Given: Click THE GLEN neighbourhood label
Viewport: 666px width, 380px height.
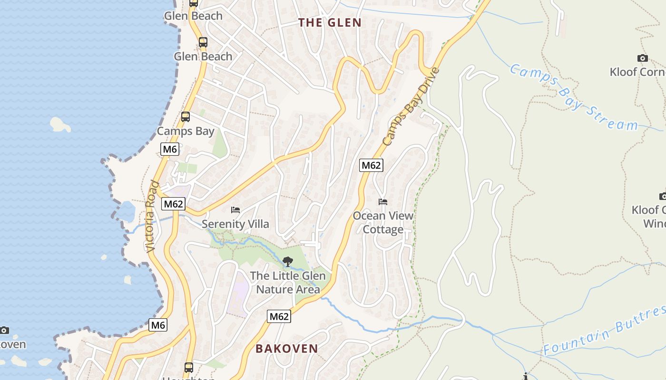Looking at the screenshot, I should coord(330,22).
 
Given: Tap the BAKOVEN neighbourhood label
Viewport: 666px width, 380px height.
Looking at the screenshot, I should coord(287,349).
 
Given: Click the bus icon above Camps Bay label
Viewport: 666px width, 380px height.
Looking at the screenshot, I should coord(186,116).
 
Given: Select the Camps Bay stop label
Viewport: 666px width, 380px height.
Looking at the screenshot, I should coord(186,131).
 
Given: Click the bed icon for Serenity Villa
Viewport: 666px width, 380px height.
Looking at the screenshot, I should coord(235,209).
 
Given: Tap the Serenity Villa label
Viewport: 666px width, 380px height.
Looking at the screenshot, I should coord(235,224).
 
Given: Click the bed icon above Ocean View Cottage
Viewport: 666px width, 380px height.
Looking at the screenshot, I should coord(383,202).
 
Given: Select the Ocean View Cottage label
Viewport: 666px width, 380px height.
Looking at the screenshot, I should coord(383,222).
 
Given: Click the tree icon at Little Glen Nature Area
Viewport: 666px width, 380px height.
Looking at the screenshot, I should coord(288,261).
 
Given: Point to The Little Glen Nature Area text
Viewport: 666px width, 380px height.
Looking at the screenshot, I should coord(288,282).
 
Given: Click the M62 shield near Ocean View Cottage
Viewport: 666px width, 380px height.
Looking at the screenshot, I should coord(371,165).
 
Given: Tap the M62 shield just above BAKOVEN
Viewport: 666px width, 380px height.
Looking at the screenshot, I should coord(279,316).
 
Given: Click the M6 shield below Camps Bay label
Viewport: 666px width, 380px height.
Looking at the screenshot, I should coord(169,149).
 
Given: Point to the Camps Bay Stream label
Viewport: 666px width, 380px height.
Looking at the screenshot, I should coord(573,97).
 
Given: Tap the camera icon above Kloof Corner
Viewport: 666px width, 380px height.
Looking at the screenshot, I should coord(642,58).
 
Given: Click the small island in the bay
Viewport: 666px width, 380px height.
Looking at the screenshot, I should coord(60,124).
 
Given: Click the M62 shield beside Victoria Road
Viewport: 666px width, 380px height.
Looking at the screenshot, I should coord(173,204).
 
